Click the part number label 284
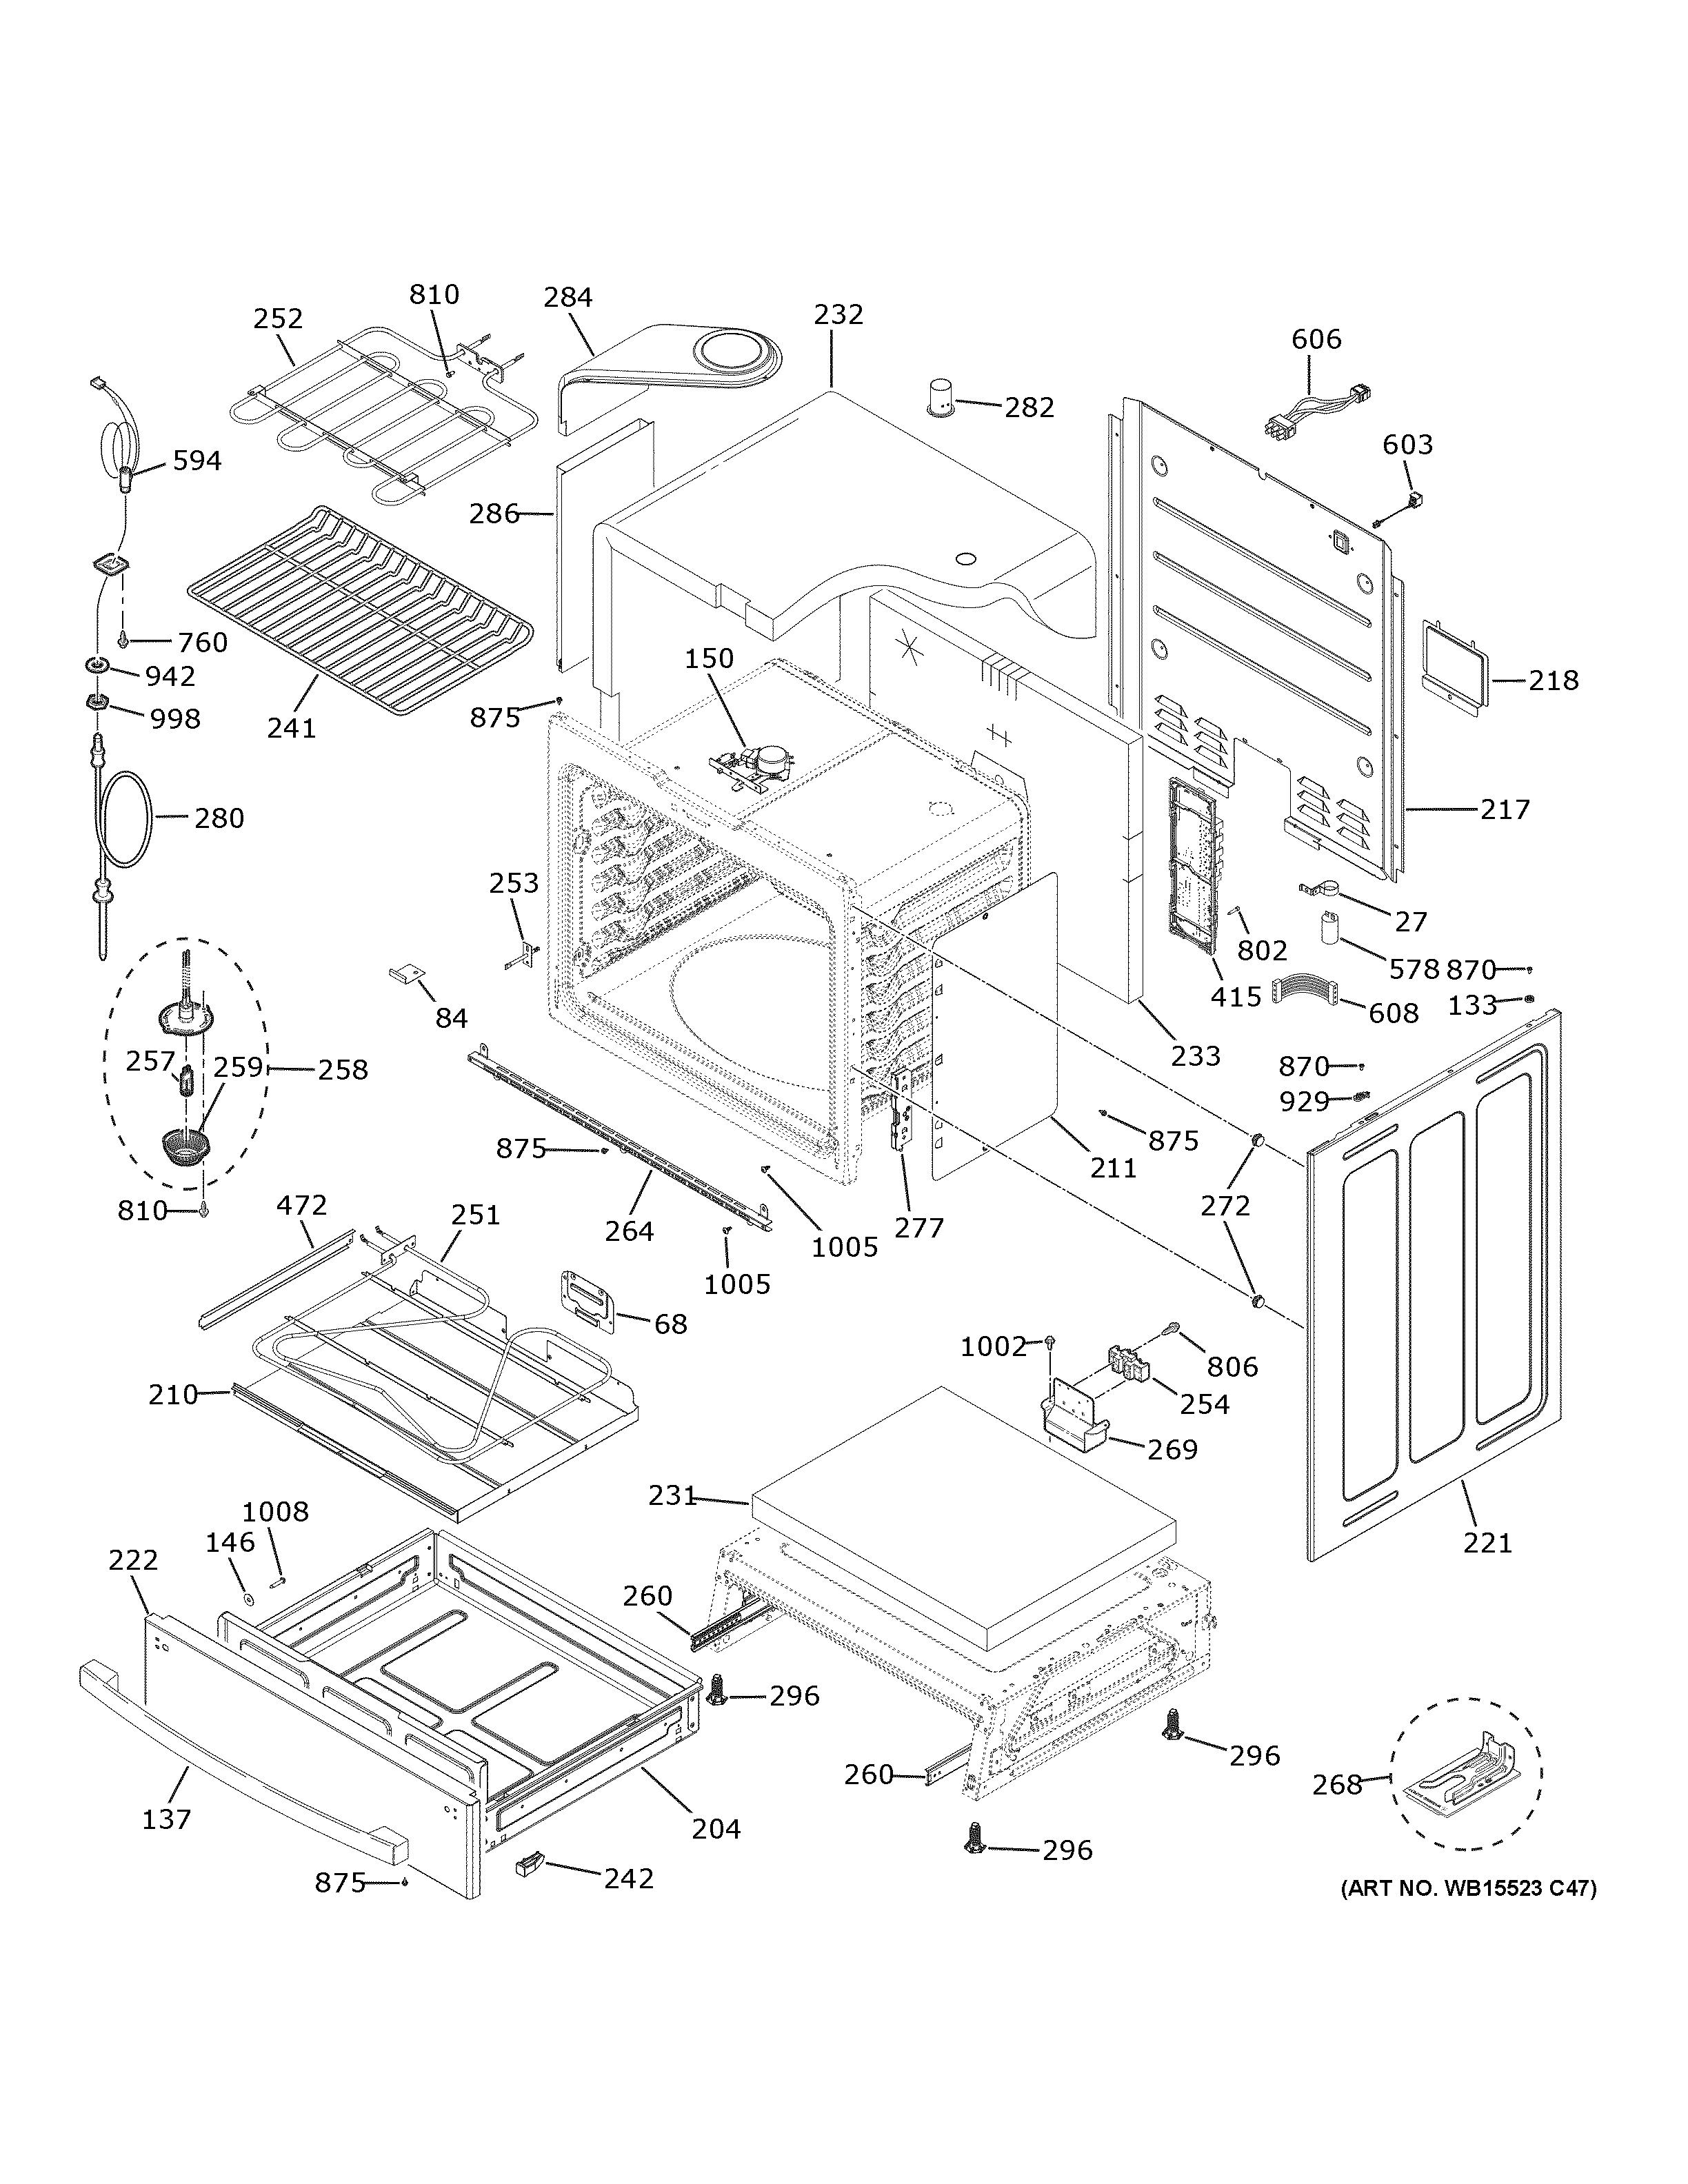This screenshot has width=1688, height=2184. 568,297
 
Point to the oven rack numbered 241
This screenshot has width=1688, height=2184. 360,610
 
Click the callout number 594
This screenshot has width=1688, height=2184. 197,461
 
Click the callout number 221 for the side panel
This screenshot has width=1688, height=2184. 1487,1544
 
